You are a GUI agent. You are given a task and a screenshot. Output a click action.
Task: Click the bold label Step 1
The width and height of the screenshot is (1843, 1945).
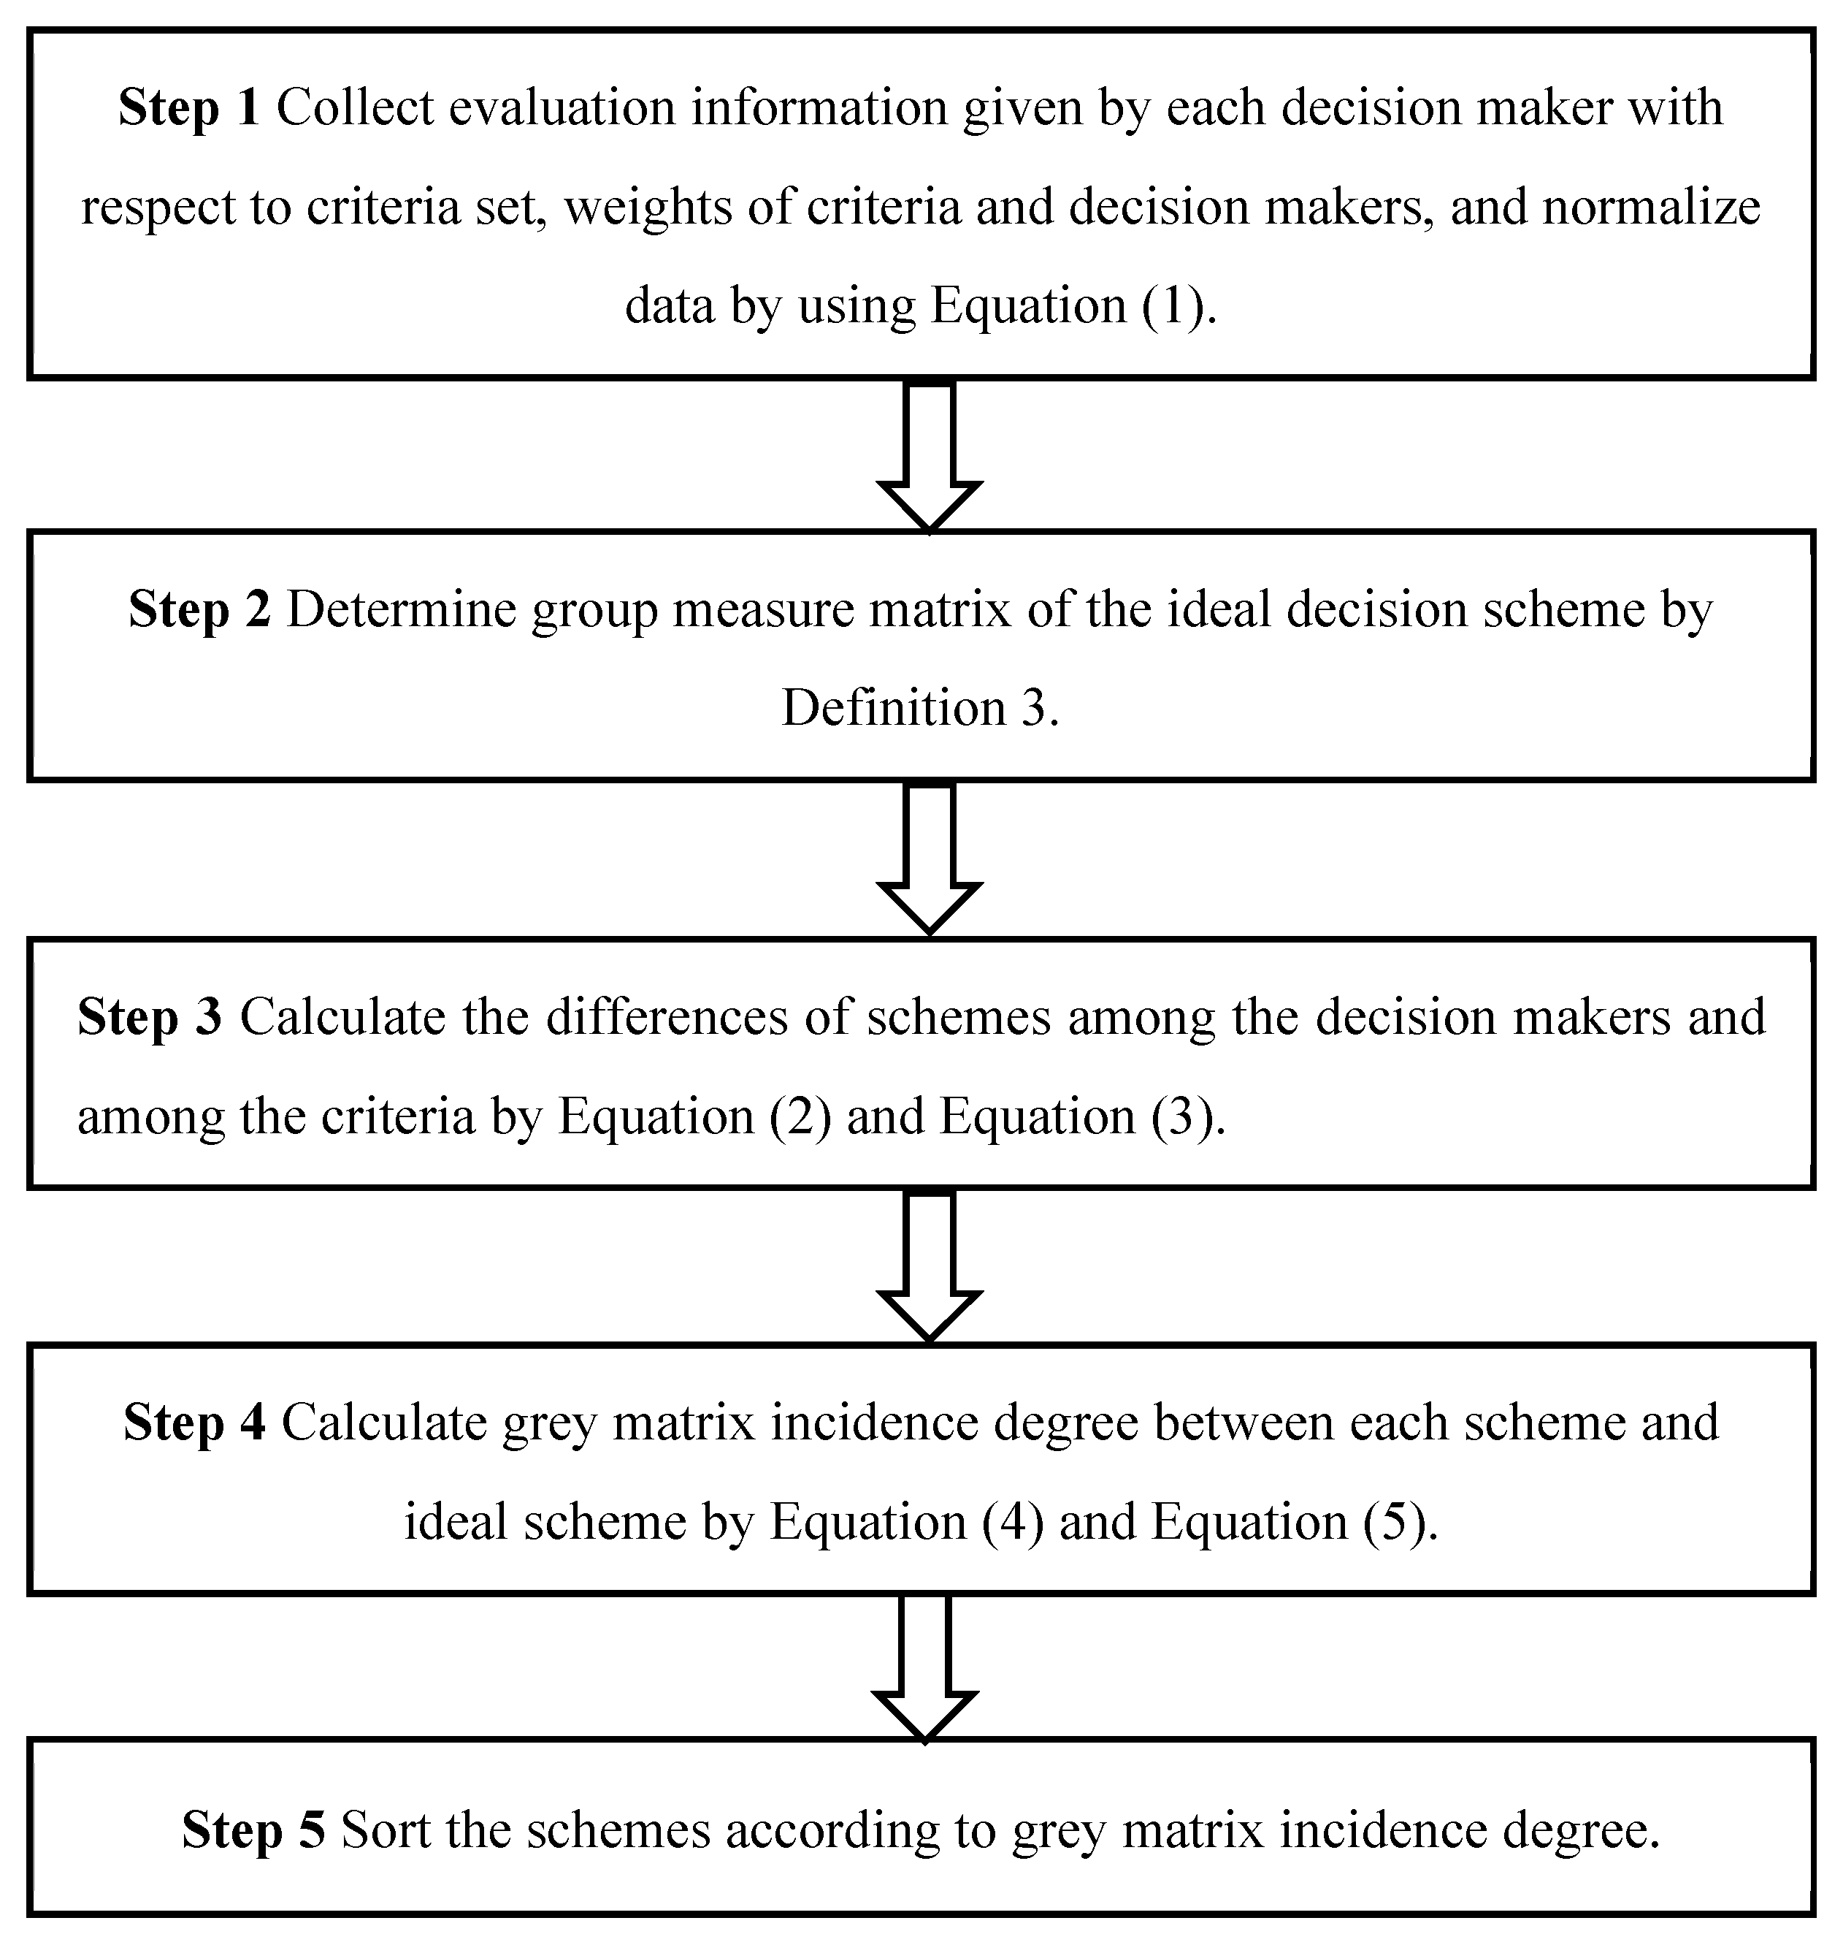[188, 107]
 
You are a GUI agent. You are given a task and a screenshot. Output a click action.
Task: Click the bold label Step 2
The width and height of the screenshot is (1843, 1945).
[199, 609]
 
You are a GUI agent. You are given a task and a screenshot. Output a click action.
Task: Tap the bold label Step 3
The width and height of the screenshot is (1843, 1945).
[150, 1016]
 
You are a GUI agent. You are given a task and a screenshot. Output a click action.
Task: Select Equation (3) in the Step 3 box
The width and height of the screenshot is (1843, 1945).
[1081, 1116]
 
